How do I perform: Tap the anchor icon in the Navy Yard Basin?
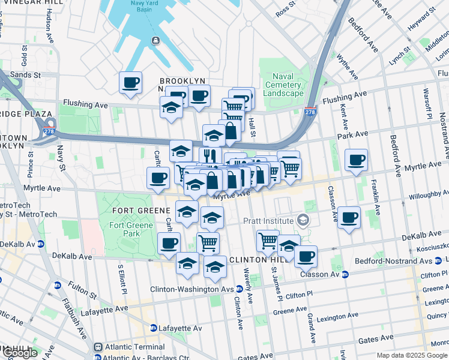coord(155,40)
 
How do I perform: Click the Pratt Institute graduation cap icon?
coord(305,220)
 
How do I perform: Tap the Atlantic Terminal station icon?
coord(99,347)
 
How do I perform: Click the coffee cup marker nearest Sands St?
coord(130,83)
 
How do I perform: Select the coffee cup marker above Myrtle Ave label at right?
coord(357,160)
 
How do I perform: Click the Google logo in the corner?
coord(20,353)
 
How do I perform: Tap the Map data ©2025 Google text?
coord(411,355)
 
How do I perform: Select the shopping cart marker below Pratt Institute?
coord(268,241)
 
